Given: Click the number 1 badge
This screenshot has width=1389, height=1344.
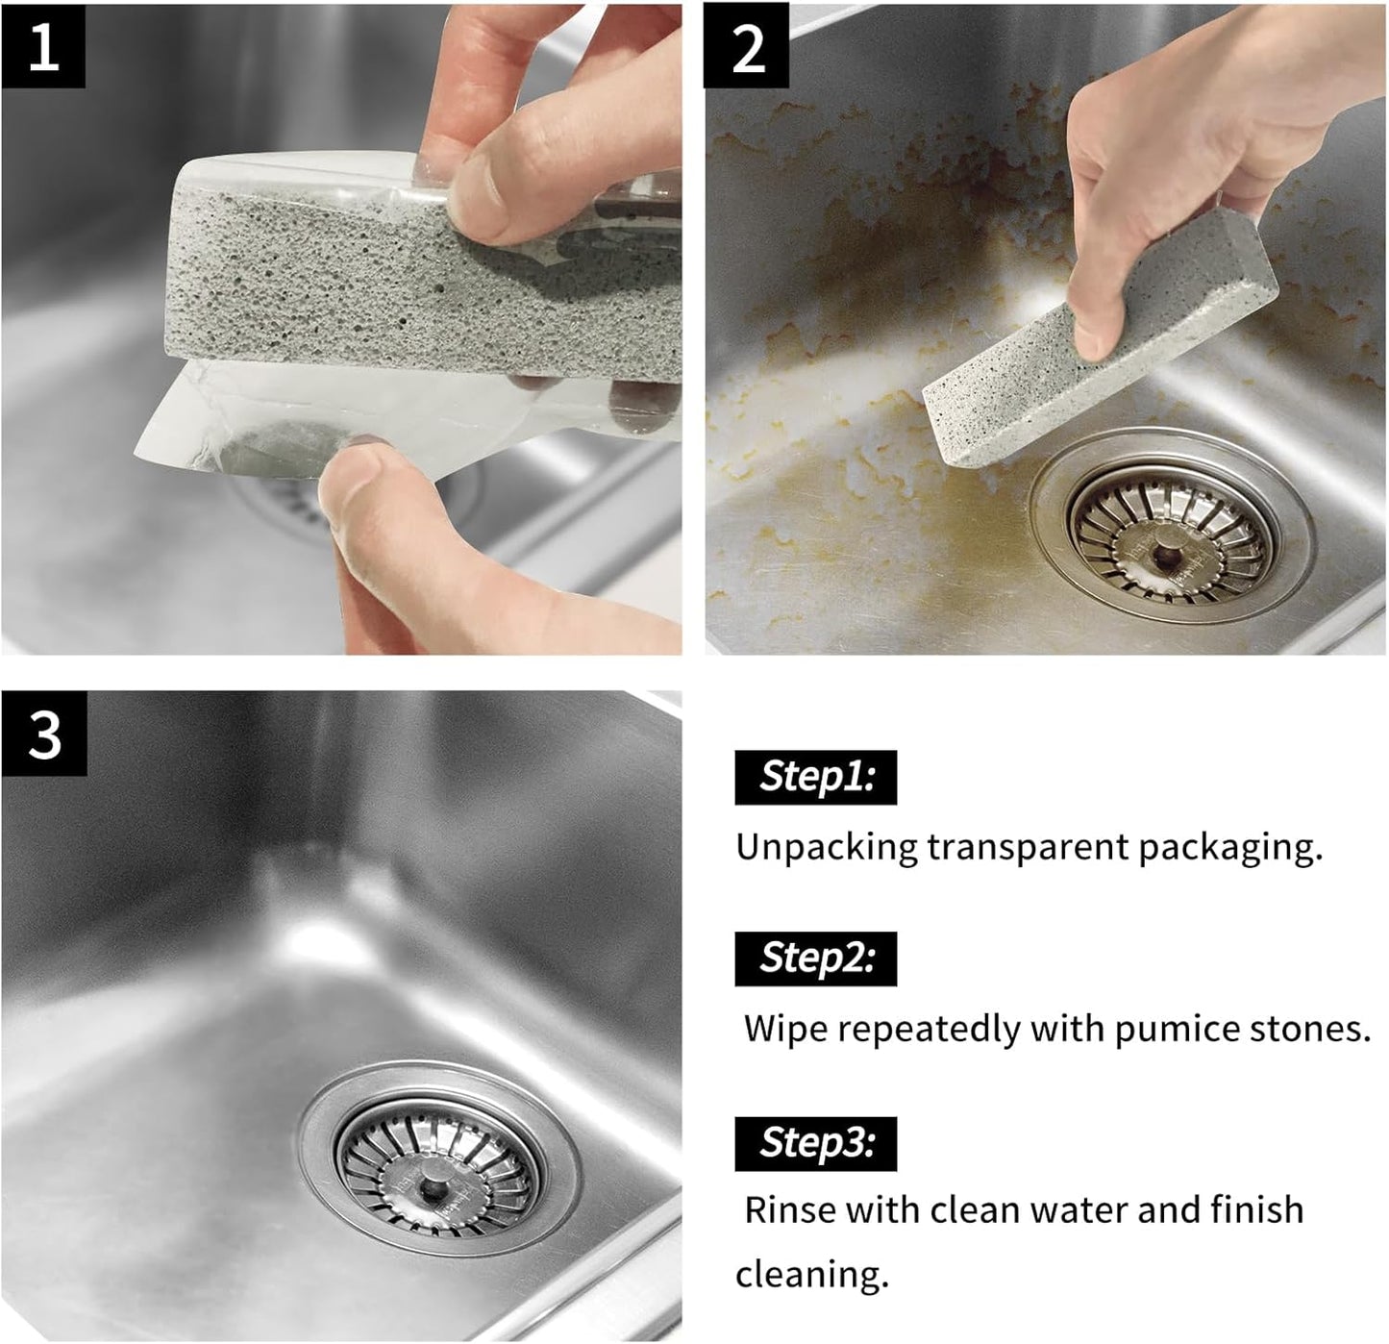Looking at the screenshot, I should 43,45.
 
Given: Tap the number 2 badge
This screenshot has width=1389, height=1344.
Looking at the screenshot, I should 747,45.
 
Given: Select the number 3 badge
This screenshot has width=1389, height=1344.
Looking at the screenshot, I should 44,734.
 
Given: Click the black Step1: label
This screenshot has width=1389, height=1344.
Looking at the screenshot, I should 815,777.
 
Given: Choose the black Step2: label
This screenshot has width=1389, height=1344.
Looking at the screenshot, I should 815,958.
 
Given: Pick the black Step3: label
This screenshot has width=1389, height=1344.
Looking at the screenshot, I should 815,1143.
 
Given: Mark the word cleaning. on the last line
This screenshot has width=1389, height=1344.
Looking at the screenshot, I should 811,1275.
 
